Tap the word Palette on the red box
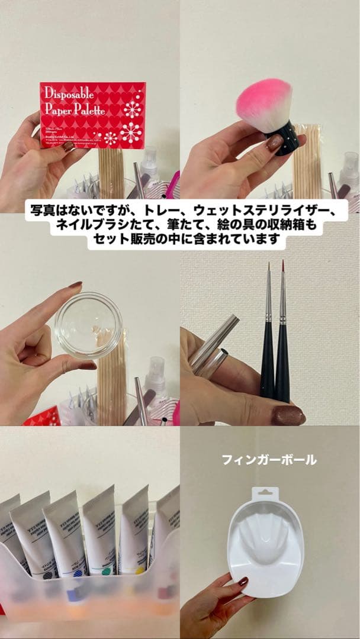pyautogui.click(x=90, y=110)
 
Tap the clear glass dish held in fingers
pyautogui.click(x=88, y=325)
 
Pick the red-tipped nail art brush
pyautogui.click(x=283, y=331)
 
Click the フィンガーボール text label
pyautogui.click(x=269, y=460)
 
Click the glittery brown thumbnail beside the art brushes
pyautogui.click(x=288, y=415)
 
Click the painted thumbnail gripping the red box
pyautogui.click(x=69, y=146)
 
